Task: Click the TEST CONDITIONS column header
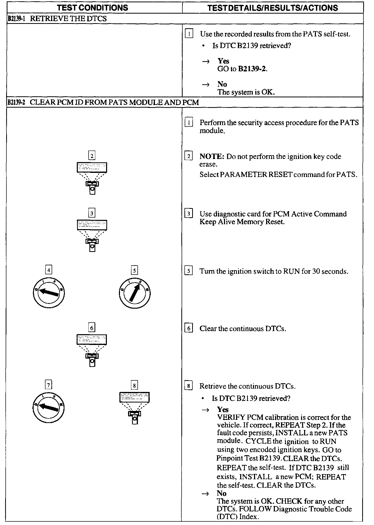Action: click(92, 8)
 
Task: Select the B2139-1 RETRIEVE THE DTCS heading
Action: click(57, 19)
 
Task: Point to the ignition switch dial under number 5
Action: click(135, 293)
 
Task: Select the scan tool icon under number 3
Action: click(92, 235)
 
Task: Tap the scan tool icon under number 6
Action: click(92, 350)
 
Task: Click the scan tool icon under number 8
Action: click(134, 408)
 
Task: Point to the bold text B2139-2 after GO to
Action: click(253, 69)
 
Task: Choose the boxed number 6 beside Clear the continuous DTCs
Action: click(189, 329)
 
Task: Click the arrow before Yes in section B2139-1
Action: click(205, 61)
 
